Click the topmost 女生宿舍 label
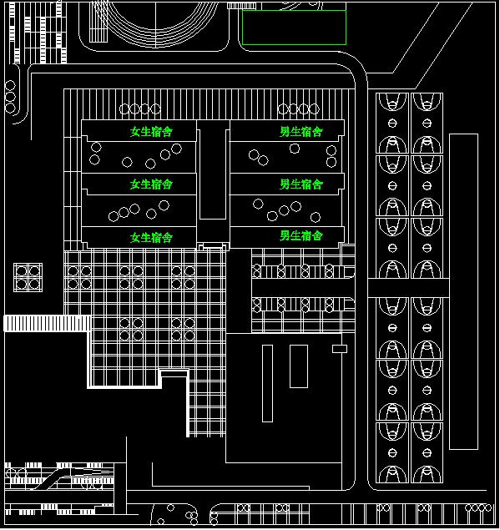151,131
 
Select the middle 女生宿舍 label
151,184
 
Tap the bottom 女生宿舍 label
151,237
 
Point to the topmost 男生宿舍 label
301,131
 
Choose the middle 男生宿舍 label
301,184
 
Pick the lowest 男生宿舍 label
301,235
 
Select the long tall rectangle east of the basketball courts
450,291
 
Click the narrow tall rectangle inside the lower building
263,383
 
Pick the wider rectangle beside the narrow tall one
290,366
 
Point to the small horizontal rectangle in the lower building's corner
340,345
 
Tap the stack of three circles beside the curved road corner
10,97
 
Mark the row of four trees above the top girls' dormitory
140,109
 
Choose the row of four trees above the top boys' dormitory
299,109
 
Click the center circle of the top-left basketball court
392,123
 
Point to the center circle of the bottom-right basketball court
427,452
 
